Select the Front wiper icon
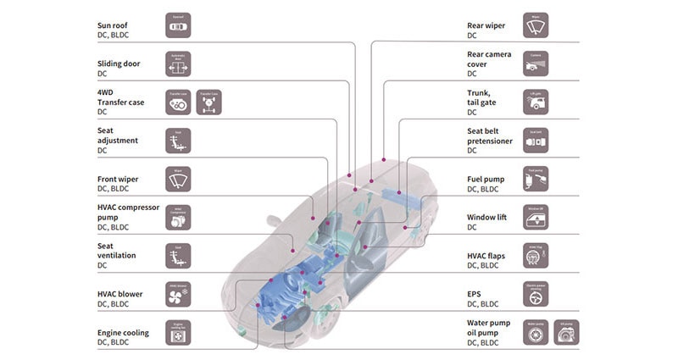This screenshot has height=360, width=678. (178, 179)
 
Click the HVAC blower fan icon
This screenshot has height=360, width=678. (178, 295)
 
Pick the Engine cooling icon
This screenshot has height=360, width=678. (178, 333)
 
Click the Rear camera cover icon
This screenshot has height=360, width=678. (535, 63)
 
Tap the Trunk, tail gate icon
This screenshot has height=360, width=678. (535, 102)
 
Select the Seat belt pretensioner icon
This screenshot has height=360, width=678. (535, 141)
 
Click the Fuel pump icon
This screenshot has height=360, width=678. (535, 179)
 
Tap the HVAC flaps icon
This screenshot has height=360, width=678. (535, 256)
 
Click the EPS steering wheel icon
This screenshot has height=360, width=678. (535, 295)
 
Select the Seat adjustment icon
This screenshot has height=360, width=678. (178, 141)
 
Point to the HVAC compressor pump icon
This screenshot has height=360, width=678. (178, 217)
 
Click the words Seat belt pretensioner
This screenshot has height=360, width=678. (489, 136)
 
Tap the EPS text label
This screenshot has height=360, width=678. (475, 293)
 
